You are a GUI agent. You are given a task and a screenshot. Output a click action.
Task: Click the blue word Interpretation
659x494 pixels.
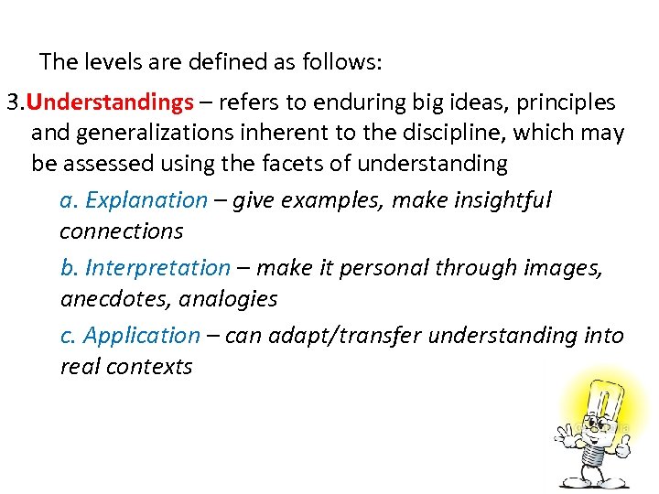point(157,268)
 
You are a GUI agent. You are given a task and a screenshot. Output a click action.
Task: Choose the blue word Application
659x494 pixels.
point(142,336)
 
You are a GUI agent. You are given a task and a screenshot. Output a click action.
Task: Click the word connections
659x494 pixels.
point(121,231)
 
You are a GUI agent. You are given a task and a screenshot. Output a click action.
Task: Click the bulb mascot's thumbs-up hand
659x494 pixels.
point(622,446)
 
